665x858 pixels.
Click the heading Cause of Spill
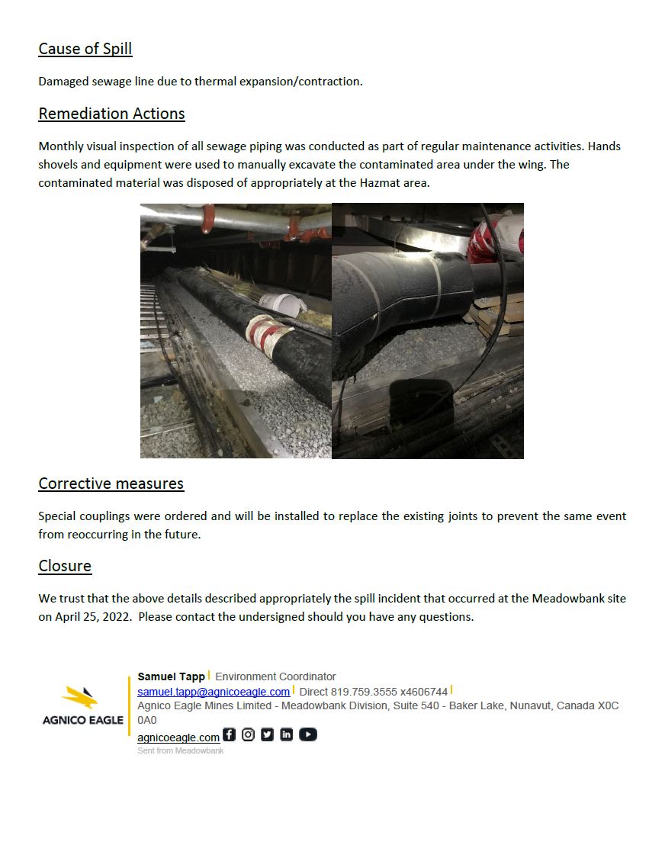point(85,49)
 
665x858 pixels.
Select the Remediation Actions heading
point(111,114)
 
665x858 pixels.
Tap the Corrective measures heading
point(111,484)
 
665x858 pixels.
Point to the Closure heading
point(65,566)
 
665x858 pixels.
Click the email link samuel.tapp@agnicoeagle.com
point(214,692)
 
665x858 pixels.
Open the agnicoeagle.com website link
point(178,737)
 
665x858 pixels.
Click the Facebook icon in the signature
point(229,735)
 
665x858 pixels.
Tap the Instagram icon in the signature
point(248,735)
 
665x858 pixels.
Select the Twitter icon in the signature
point(267,735)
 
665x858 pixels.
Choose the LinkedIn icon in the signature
point(286,735)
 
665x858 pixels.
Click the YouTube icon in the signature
point(307,735)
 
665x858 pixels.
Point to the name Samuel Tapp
point(171,676)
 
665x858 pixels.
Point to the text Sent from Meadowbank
point(180,751)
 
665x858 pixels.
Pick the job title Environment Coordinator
point(275,676)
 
